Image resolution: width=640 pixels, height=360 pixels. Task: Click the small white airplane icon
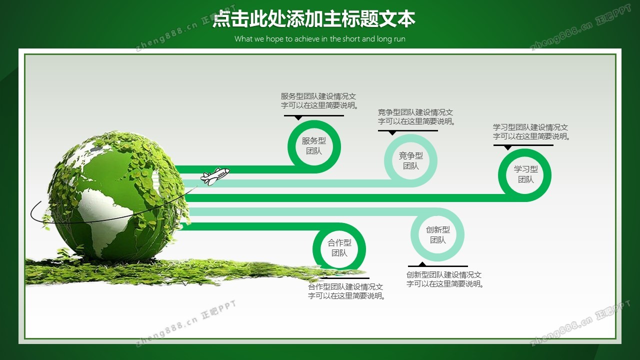pos(215,176)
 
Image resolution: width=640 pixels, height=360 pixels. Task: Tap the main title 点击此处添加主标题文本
pos(313,19)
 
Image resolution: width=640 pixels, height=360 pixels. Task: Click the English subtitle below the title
pos(319,39)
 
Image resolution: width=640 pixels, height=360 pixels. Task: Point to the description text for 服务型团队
pos(319,101)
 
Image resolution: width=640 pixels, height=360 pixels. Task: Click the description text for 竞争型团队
pos(416,117)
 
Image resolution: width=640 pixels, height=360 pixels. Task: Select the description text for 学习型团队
pos(531,131)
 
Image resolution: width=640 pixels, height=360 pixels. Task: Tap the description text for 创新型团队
pos(445,279)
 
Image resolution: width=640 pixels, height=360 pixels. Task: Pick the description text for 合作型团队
pos(346,291)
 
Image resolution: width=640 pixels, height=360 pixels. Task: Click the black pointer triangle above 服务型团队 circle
pos(298,117)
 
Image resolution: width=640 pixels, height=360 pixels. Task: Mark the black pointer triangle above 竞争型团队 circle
pos(392,133)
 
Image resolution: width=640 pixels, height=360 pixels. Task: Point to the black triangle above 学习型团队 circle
pos(507,147)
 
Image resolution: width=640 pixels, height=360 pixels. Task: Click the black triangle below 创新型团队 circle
pos(422,264)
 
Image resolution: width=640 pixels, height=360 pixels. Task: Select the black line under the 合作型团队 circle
pos(345,278)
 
